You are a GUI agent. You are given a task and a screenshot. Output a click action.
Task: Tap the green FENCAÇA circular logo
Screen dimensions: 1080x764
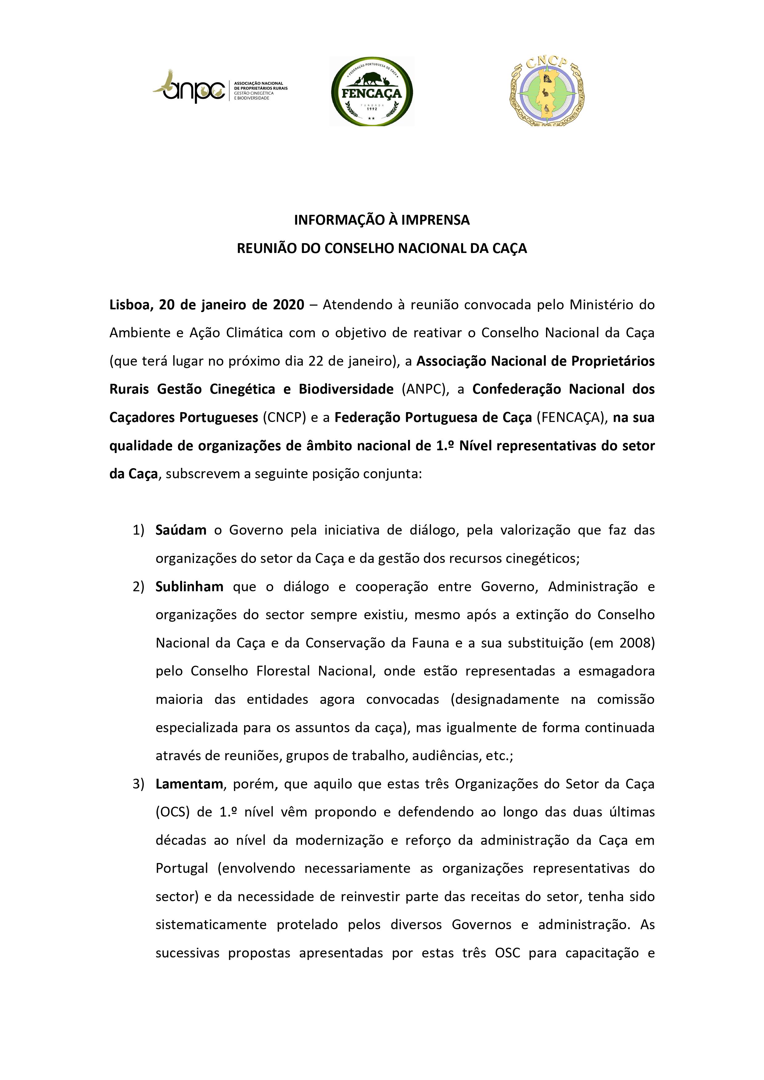coord(372,91)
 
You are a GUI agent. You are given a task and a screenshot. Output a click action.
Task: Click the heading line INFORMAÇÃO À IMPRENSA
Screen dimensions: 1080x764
coord(382,220)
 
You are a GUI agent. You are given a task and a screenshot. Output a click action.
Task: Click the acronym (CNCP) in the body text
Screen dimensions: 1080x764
coord(284,418)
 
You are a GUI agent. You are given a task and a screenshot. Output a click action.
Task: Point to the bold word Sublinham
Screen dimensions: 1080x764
coord(189,587)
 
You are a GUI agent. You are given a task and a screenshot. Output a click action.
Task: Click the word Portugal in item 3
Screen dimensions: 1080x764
coord(182,869)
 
